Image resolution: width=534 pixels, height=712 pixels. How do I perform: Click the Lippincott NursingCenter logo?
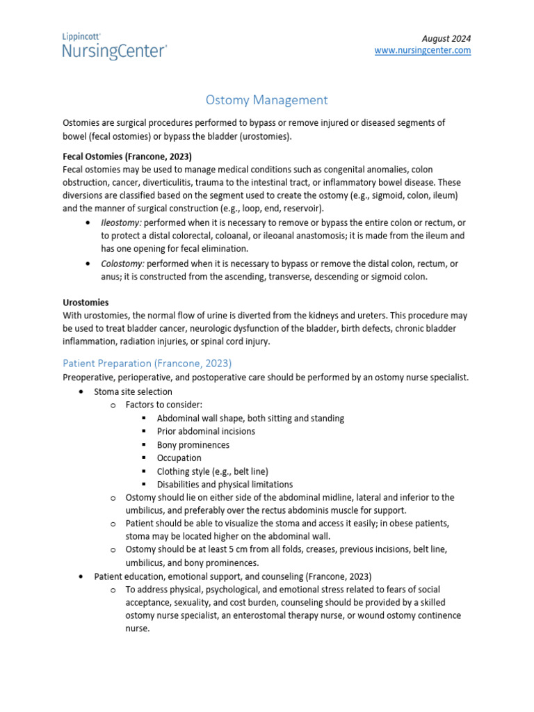pos(115,45)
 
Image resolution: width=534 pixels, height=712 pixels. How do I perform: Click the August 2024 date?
pos(446,38)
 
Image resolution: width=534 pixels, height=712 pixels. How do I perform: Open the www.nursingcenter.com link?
pos(423,51)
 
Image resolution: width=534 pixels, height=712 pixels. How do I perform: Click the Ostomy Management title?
pos(267,100)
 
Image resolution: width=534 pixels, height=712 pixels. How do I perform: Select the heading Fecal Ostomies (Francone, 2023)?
pos(127,156)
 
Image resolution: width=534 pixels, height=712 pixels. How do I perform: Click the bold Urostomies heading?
pos(86,302)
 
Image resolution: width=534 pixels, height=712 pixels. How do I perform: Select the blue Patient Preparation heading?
pos(147,363)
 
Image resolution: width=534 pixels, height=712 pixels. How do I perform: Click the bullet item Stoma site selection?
pos(133,391)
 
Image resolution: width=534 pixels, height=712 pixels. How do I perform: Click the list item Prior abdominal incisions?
pos(206,431)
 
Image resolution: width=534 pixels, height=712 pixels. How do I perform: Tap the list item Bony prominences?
pos(193,444)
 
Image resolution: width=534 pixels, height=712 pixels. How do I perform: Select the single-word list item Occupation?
pos(179,458)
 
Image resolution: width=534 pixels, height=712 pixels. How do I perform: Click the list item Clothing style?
pos(212,471)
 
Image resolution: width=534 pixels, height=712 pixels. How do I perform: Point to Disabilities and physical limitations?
pos(225,484)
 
